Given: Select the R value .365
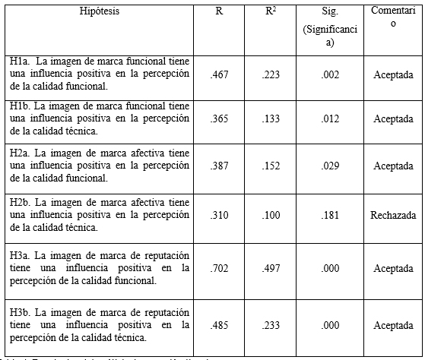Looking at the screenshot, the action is [219, 118].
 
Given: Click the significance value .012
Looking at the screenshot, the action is [329, 118].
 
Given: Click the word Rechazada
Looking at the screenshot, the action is [393, 214].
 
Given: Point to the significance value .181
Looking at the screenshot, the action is [329, 214].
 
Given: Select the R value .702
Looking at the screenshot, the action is [219, 268].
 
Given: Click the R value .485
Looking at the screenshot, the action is [219, 324].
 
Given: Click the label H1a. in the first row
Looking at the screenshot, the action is [19, 61].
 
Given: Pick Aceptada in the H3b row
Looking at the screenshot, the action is [393, 324].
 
